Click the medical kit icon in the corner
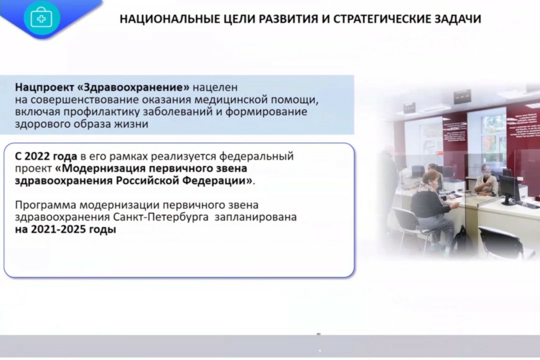[41, 18]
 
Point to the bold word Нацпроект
[44, 87]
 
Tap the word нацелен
[215, 87]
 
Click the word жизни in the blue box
[131, 124]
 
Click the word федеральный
[256, 157]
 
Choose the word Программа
[45, 205]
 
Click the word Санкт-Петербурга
[161, 218]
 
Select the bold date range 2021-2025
[58, 230]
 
